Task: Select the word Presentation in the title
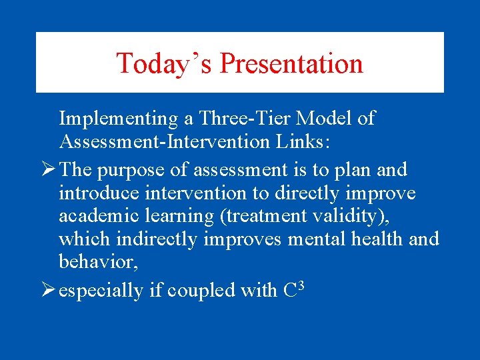click(291, 63)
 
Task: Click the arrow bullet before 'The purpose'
click(48, 170)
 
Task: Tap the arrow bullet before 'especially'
click(48, 290)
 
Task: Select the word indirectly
click(154, 239)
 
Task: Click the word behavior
click(96, 262)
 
